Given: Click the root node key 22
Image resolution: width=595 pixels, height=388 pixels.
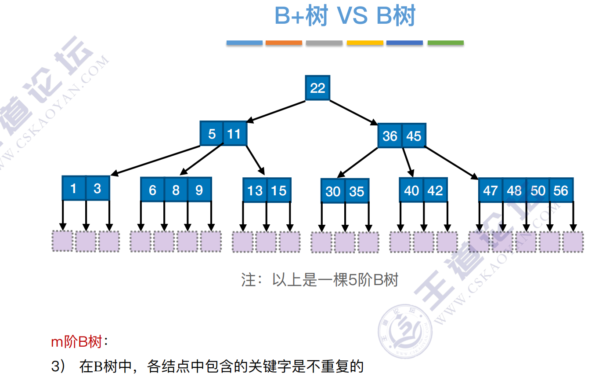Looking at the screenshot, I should tap(317, 88).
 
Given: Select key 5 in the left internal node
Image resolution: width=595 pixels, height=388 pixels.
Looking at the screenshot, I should tap(212, 133).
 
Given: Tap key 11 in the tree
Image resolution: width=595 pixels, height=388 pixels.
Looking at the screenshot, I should tap(235, 133).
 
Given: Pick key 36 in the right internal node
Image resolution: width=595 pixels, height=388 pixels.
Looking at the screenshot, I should tap(390, 135).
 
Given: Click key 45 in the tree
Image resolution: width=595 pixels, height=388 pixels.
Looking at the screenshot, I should tap(414, 135).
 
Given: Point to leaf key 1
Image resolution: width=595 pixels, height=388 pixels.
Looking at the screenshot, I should tap(74, 189).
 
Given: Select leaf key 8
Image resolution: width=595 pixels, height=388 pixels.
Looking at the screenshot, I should tap(176, 190).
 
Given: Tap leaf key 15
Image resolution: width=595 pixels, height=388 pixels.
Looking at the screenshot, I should tap(279, 190).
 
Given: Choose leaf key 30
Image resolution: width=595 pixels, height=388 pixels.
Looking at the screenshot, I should tap(333, 191).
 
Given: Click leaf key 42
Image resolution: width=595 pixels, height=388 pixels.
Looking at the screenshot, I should tap(435, 190).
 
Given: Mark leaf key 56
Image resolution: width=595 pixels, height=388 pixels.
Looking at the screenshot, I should tap(561, 190).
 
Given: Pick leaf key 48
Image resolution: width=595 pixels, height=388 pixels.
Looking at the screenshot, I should tap(514, 190).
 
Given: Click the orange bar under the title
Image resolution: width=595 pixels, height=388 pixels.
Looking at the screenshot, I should tap(284, 43).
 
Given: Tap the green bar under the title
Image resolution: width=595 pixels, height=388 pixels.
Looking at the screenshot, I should tap(445, 43).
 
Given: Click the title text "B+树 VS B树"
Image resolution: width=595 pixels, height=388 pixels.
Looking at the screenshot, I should tap(345, 17).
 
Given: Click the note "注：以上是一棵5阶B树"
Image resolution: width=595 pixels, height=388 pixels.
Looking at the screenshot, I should tap(319, 279).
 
